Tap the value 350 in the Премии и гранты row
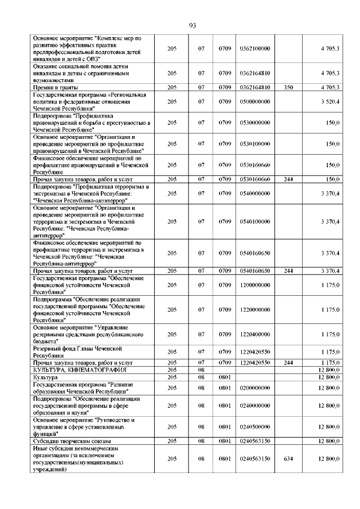point(289,88)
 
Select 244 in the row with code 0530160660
point(289,179)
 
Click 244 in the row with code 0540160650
point(289,271)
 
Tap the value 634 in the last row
point(289,459)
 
